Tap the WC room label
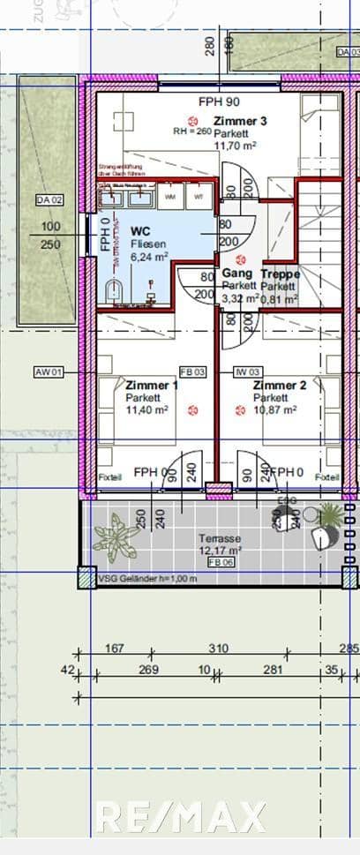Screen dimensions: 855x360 tap(140, 230)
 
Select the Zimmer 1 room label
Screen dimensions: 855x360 tap(152, 386)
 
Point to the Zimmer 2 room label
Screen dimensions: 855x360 tap(280, 386)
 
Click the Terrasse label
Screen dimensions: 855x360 tap(216, 537)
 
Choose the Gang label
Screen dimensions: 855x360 tap(236, 274)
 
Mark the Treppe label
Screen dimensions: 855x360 tap(281, 274)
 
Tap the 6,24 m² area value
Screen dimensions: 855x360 tap(148, 255)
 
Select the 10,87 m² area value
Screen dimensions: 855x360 tap(275, 410)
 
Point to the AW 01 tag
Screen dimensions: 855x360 tap(49, 372)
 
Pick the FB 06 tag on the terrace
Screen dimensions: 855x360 tap(215, 561)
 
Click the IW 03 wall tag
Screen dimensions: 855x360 tap(246, 372)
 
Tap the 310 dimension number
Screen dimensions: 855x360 tap(218, 649)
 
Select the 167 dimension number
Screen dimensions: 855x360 tap(114, 649)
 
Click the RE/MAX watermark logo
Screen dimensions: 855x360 tap(180, 816)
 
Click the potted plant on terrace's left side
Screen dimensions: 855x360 tap(116, 536)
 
